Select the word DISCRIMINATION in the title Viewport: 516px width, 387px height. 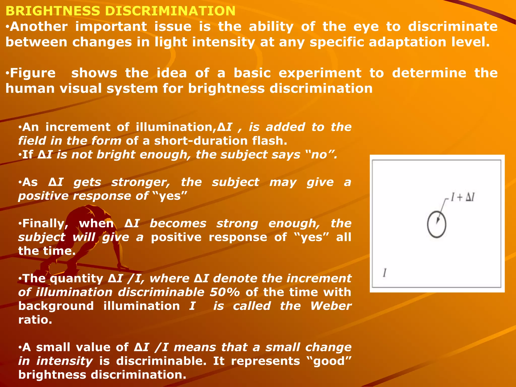coord(170,11)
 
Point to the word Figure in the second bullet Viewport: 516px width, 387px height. coord(33,73)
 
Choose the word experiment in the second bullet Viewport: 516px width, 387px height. coord(320,73)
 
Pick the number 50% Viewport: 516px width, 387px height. coord(225,292)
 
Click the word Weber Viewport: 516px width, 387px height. coord(331,306)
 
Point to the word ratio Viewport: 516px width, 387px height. coord(35,320)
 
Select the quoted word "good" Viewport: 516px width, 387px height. coord(330,361)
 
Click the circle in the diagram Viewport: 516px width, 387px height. coord(437,224)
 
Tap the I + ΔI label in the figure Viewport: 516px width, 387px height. coord(463,198)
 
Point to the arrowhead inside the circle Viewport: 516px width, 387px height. coord(438,220)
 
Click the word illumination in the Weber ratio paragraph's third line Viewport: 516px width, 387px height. coord(142,306)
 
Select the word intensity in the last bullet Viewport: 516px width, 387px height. coord(64,361)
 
